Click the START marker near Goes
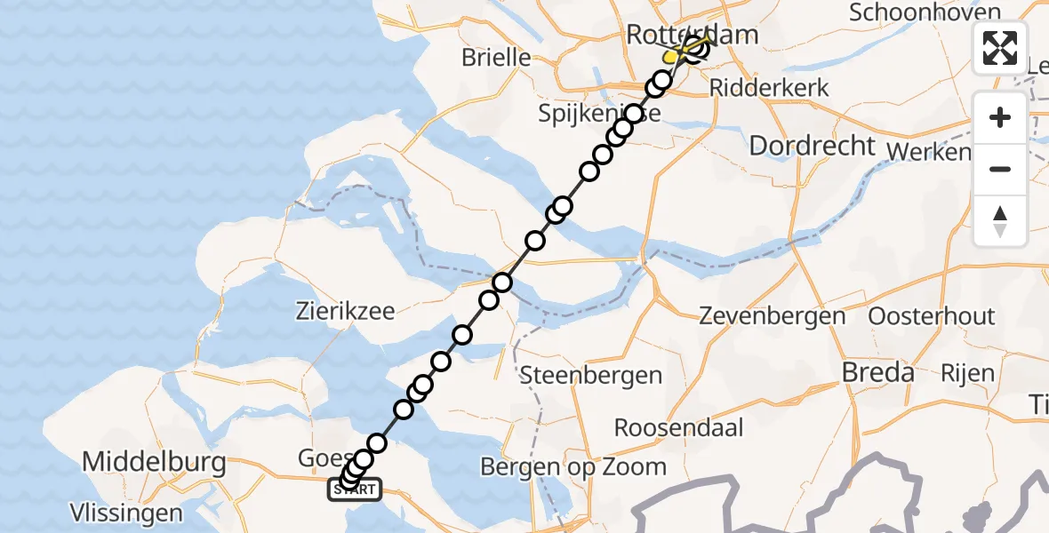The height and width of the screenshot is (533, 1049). (x=356, y=489)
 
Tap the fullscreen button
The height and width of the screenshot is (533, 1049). (x=1000, y=48)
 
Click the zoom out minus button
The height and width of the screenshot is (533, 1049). (x=1000, y=169)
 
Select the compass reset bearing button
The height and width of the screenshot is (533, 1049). (x=1000, y=220)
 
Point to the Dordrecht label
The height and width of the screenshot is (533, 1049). (x=813, y=146)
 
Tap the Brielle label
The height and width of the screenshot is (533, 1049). (x=496, y=58)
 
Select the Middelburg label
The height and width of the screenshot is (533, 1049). (x=153, y=462)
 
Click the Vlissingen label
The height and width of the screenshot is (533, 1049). (x=128, y=513)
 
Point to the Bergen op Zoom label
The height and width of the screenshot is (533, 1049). (x=573, y=466)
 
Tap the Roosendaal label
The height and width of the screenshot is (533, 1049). (x=678, y=427)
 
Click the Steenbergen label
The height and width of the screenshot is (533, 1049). (x=590, y=375)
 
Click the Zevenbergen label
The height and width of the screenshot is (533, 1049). (x=772, y=315)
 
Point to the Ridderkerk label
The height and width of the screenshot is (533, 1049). (x=769, y=89)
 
